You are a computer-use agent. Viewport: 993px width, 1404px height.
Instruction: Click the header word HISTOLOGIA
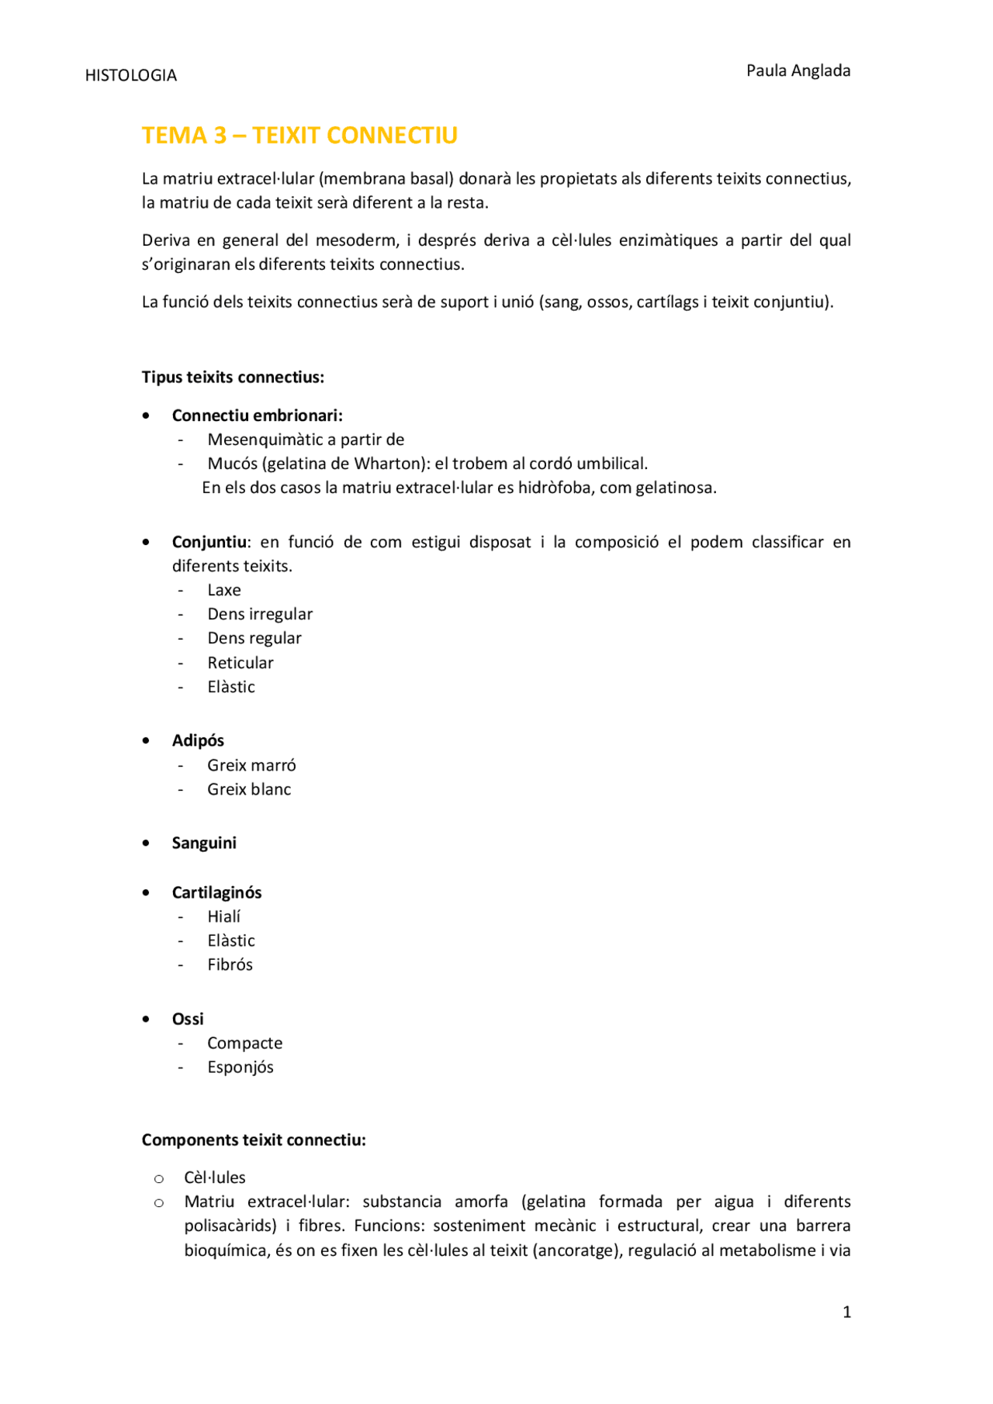pyautogui.click(x=130, y=75)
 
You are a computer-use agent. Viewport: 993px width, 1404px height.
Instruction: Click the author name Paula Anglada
pyautogui.click(x=798, y=71)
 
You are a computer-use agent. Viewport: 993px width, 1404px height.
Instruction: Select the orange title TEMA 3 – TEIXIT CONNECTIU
pyautogui.click(x=299, y=136)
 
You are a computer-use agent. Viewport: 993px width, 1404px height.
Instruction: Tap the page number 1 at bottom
pyautogui.click(x=846, y=1312)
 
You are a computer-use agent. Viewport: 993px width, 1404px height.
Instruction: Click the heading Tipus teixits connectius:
pyautogui.click(x=233, y=378)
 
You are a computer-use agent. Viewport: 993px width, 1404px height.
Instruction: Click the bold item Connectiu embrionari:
pyautogui.click(x=257, y=416)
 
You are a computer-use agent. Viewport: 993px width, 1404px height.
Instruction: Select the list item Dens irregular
pyautogui.click(x=260, y=614)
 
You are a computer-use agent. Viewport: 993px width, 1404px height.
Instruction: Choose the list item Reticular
pyautogui.click(x=240, y=663)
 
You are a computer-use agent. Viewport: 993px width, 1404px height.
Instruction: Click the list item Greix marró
pyautogui.click(x=251, y=765)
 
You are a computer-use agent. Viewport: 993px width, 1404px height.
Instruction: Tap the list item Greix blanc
pyautogui.click(x=249, y=789)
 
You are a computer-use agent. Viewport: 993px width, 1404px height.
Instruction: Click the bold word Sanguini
pyautogui.click(x=204, y=843)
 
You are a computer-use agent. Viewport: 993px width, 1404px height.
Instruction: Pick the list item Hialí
pyautogui.click(x=223, y=916)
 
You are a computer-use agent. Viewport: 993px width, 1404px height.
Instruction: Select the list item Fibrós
pyautogui.click(x=230, y=964)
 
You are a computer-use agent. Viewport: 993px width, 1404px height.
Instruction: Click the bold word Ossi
pyautogui.click(x=188, y=1019)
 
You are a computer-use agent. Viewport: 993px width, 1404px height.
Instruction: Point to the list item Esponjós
pyautogui.click(x=240, y=1067)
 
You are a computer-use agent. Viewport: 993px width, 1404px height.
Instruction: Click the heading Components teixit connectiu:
pyautogui.click(x=254, y=1140)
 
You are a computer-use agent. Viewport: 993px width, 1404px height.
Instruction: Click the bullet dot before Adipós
pyautogui.click(x=146, y=740)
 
